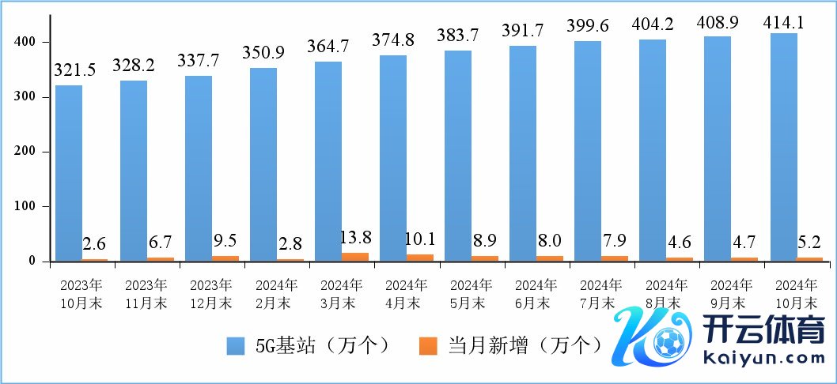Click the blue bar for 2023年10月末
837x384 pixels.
pos(69,172)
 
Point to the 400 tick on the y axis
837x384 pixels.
pos(25,41)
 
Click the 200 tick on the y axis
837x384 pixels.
pos(25,151)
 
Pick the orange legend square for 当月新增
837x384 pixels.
pos(428,346)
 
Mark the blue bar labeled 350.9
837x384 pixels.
pos(263,164)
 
